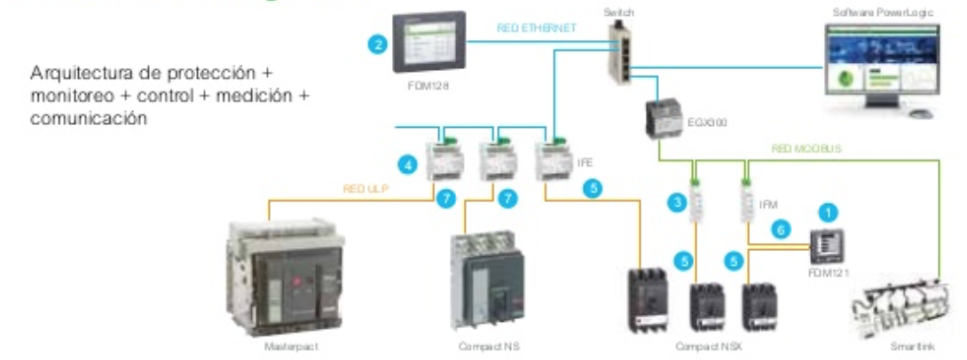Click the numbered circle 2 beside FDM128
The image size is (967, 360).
click(x=379, y=43)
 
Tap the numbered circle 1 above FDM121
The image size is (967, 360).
click(x=829, y=213)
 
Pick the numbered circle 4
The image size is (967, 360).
click(x=407, y=164)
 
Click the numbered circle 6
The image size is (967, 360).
click(x=782, y=229)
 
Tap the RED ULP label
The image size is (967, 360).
click(x=366, y=188)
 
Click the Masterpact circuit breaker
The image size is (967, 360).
click(x=285, y=275)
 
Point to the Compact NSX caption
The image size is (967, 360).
click(x=703, y=346)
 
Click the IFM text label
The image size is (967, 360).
click(x=768, y=204)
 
